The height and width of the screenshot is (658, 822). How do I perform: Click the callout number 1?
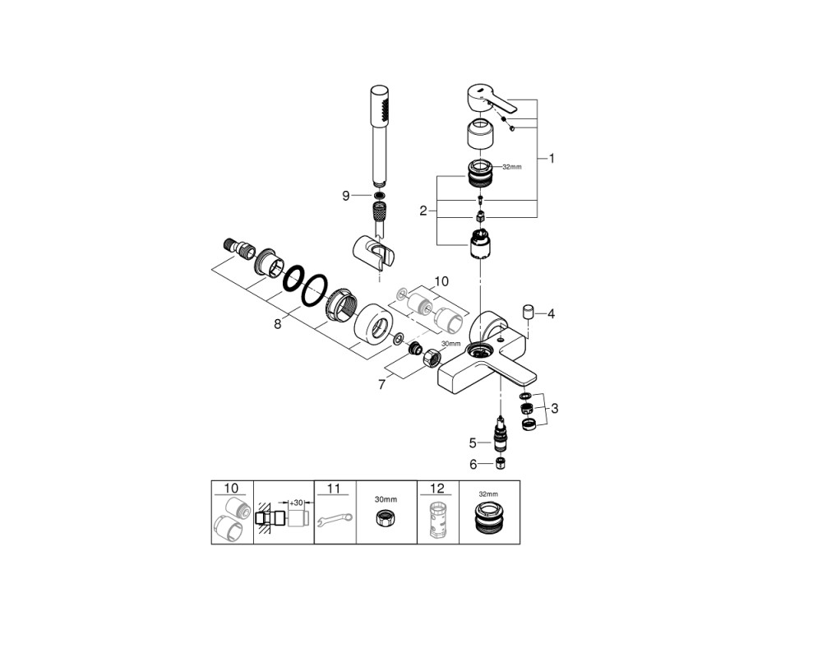(552, 158)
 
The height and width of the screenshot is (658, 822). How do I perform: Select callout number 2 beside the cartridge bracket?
(423, 211)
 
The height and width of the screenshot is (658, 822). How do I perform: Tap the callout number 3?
(555, 408)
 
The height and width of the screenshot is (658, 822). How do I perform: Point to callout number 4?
(551, 313)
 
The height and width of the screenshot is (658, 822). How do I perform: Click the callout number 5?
(473, 443)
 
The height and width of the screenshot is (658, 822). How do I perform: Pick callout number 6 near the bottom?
(473, 465)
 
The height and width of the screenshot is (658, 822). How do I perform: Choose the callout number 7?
(381, 385)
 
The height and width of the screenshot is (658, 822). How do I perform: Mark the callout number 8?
(277, 324)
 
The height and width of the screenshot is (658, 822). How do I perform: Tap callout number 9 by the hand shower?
(345, 196)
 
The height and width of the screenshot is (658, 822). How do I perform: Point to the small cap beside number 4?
(528, 312)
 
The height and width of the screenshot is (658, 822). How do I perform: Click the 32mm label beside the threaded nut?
(512, 167)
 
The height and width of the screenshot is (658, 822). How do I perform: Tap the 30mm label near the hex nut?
(450, 344)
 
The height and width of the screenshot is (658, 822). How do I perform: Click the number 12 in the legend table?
(437, 489)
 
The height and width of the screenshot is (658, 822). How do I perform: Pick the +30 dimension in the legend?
(297, 503)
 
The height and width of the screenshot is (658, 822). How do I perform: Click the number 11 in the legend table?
(334, 489)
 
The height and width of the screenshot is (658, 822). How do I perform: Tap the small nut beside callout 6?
(500, 463)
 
